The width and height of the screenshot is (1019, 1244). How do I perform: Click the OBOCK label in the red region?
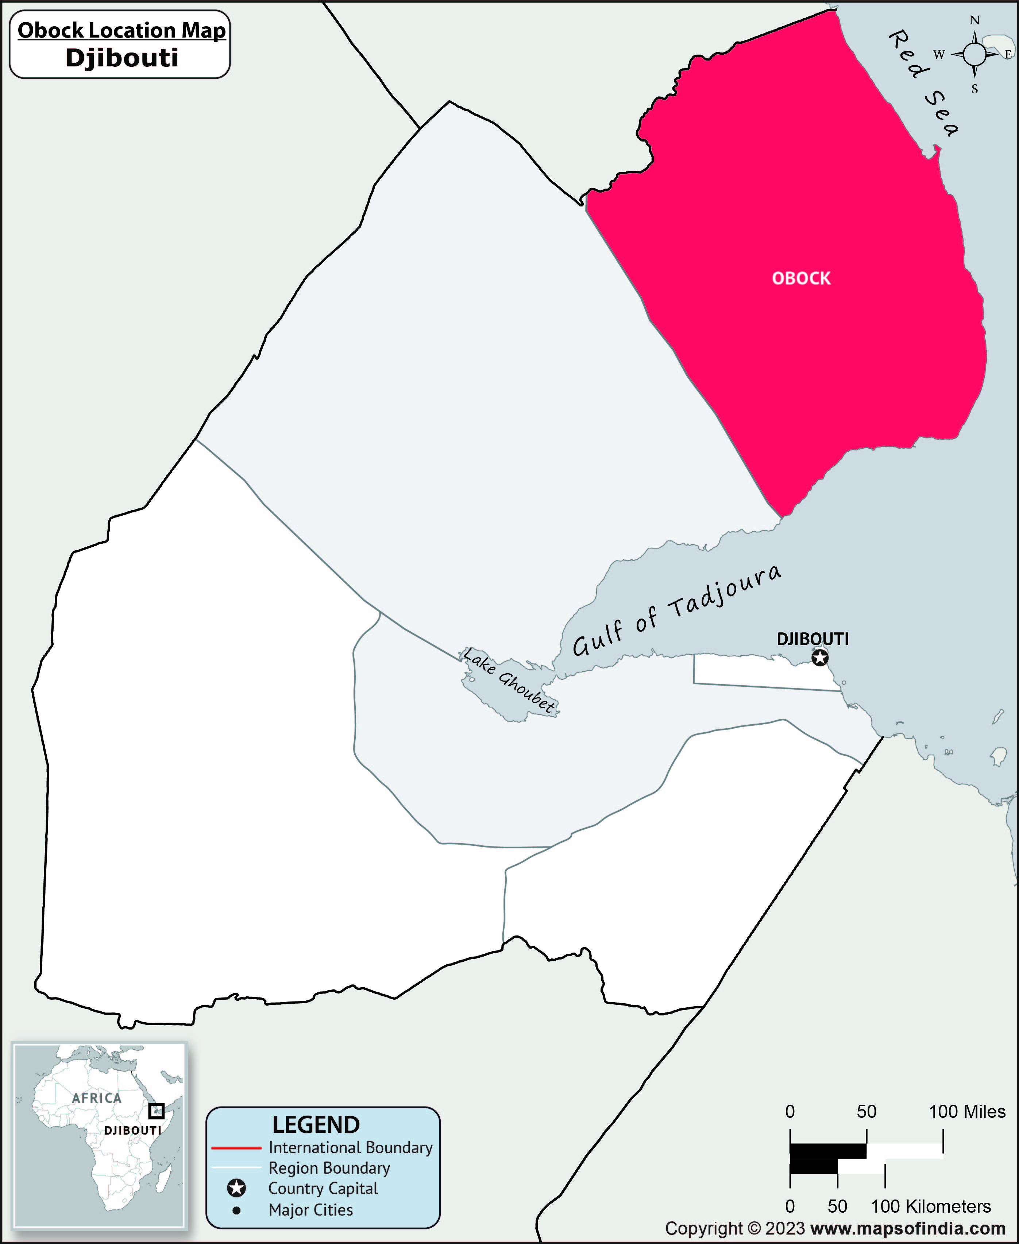801,278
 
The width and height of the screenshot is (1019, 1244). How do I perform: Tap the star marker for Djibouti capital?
820,658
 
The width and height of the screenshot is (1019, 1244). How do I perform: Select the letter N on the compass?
974,20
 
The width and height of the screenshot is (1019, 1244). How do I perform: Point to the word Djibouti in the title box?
121,58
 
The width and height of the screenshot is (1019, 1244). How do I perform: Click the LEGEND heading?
316,1125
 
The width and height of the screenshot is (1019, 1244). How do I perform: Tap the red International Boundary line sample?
236,1148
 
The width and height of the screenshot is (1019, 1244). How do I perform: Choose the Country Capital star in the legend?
236,1189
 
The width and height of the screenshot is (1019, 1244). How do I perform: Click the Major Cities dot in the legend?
236,1210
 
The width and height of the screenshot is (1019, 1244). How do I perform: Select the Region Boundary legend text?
329,1168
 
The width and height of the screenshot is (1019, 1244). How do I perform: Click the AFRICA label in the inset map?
97,1098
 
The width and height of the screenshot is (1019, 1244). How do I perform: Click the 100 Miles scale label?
967,1111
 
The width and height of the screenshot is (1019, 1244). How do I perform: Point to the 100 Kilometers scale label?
931,1206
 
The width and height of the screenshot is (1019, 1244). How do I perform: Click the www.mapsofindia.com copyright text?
907,1229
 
